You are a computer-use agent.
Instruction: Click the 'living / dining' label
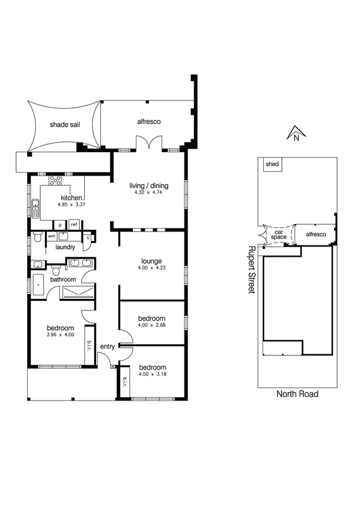[149, 186]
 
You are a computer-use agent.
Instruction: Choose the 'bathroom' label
[63, 280]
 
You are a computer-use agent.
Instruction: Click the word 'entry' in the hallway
[108, 346]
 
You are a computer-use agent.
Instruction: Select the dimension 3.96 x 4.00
[60, 335]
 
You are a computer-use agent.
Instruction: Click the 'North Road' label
[297, 395]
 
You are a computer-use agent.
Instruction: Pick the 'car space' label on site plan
[278, 235]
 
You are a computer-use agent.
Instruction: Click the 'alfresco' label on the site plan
[316, 234]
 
